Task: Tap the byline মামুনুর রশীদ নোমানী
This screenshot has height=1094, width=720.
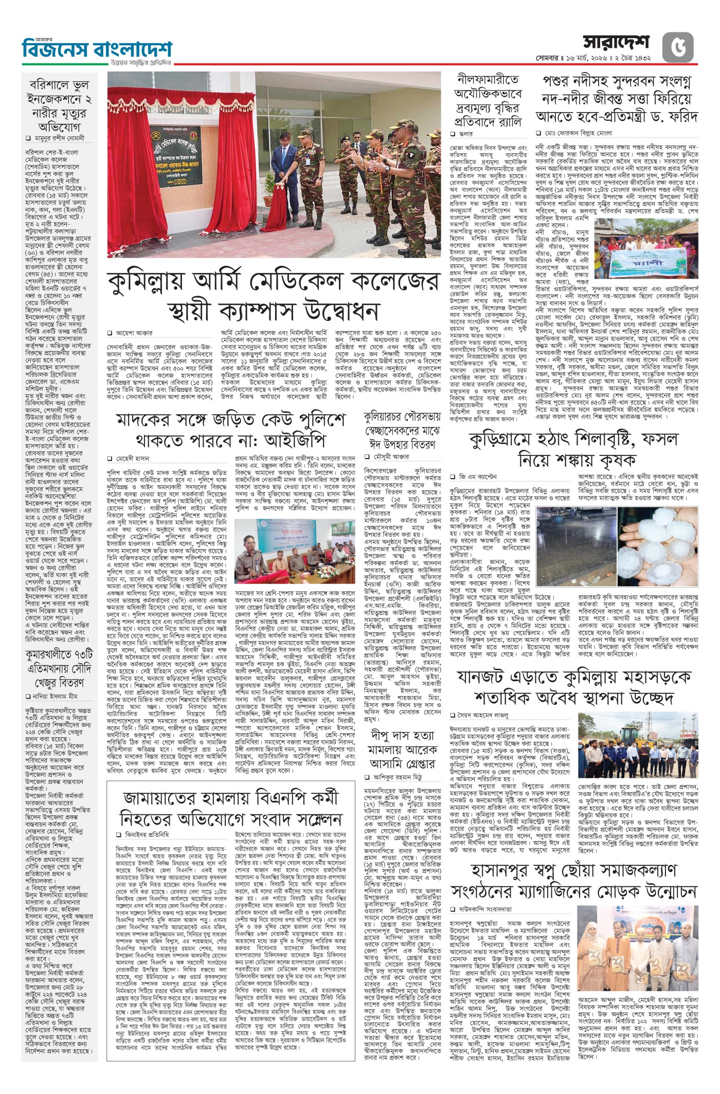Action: (x=61, y=138)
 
